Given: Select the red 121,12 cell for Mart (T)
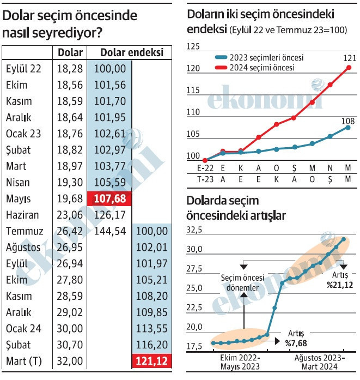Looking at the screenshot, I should tap(151, 361).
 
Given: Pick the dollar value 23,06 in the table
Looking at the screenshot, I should tap(70, 215).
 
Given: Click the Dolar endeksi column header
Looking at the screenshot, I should tap(131, 52).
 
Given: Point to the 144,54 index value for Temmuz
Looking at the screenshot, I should tap(110, 231).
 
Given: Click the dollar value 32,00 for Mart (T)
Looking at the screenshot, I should tap(70, 361).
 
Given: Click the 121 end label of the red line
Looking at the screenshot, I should tap(349, 58).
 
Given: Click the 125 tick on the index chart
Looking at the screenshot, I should tap(193, 47).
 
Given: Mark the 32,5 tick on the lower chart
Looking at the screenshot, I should tap(194, 231).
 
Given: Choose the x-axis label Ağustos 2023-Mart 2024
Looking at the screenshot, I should tap(319, 362).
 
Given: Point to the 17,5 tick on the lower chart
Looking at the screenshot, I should tap(194, 346).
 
